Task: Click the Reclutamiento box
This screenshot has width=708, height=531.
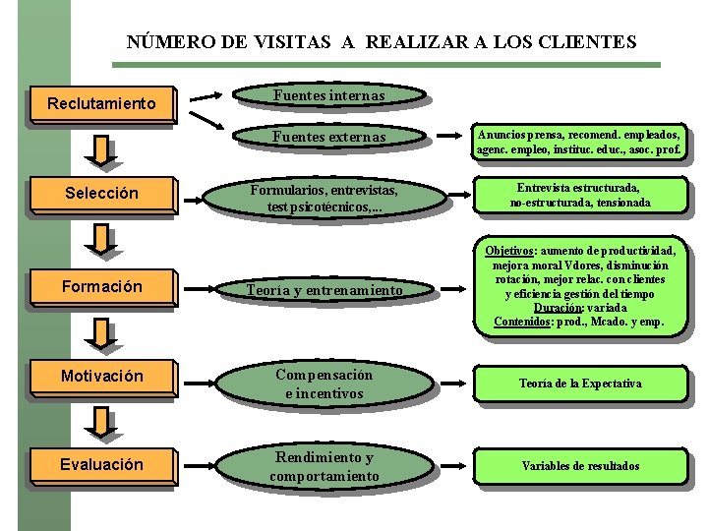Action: click(101, 102)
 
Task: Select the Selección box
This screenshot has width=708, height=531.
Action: click(101, 193)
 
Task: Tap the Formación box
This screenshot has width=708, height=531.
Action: click(101, 286)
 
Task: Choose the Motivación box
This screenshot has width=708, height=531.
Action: click(101, 376)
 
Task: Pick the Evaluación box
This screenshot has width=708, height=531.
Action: click(101, 464)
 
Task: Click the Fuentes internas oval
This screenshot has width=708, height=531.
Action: click(328, 95)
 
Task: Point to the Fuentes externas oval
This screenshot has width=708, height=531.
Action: click(328, 137)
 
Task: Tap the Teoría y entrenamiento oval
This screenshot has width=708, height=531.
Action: click(324, 289)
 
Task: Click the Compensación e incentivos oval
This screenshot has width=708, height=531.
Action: click(324, 383)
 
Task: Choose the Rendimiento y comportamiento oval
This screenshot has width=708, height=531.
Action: click(324, 467)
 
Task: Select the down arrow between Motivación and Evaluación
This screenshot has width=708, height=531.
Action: click(100, 424)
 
